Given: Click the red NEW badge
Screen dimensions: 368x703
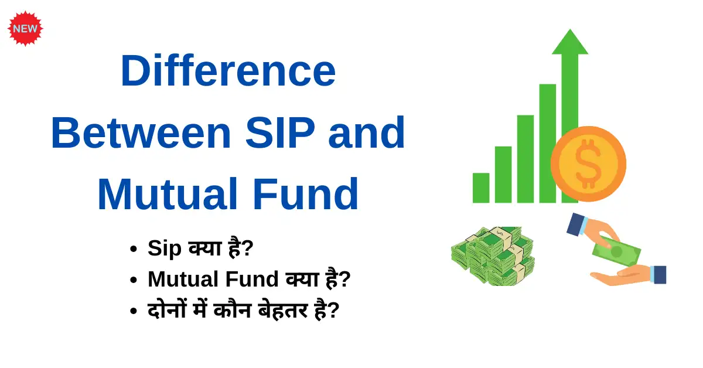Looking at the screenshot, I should click(x=26, y=28).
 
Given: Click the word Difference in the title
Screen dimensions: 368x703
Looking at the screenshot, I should click(x=228, y=71).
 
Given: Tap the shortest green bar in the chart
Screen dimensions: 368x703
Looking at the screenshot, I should click(x=481, y=188).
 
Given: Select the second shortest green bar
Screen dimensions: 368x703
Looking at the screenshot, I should click(x=503, y=175).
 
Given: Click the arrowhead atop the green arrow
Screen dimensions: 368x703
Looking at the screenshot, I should click(x=569, y=43).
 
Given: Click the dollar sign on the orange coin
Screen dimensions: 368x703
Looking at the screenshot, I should click(x=588, y=163).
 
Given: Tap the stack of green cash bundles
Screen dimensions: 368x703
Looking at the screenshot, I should click(x=493, y=256).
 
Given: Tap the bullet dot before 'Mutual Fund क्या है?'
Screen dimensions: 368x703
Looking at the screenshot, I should click(x=134, y=281).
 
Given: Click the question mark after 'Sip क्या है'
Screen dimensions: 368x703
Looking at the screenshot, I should click(x=247, y=248).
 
